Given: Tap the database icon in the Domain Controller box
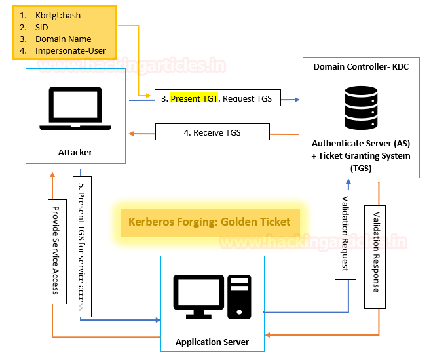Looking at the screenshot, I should point(361,108).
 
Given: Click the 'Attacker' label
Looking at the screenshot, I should point(74,152).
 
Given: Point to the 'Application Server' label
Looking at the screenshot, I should point(212,342).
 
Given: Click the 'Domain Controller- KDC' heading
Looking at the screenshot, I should point(361,67).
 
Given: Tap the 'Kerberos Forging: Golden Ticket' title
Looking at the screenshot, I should point(210,222).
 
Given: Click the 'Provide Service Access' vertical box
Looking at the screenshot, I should point(56,249).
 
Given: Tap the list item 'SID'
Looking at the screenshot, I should point(43,28).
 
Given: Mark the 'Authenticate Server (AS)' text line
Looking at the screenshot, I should point(361,143).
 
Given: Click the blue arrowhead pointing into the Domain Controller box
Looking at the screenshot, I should point(297,100).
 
